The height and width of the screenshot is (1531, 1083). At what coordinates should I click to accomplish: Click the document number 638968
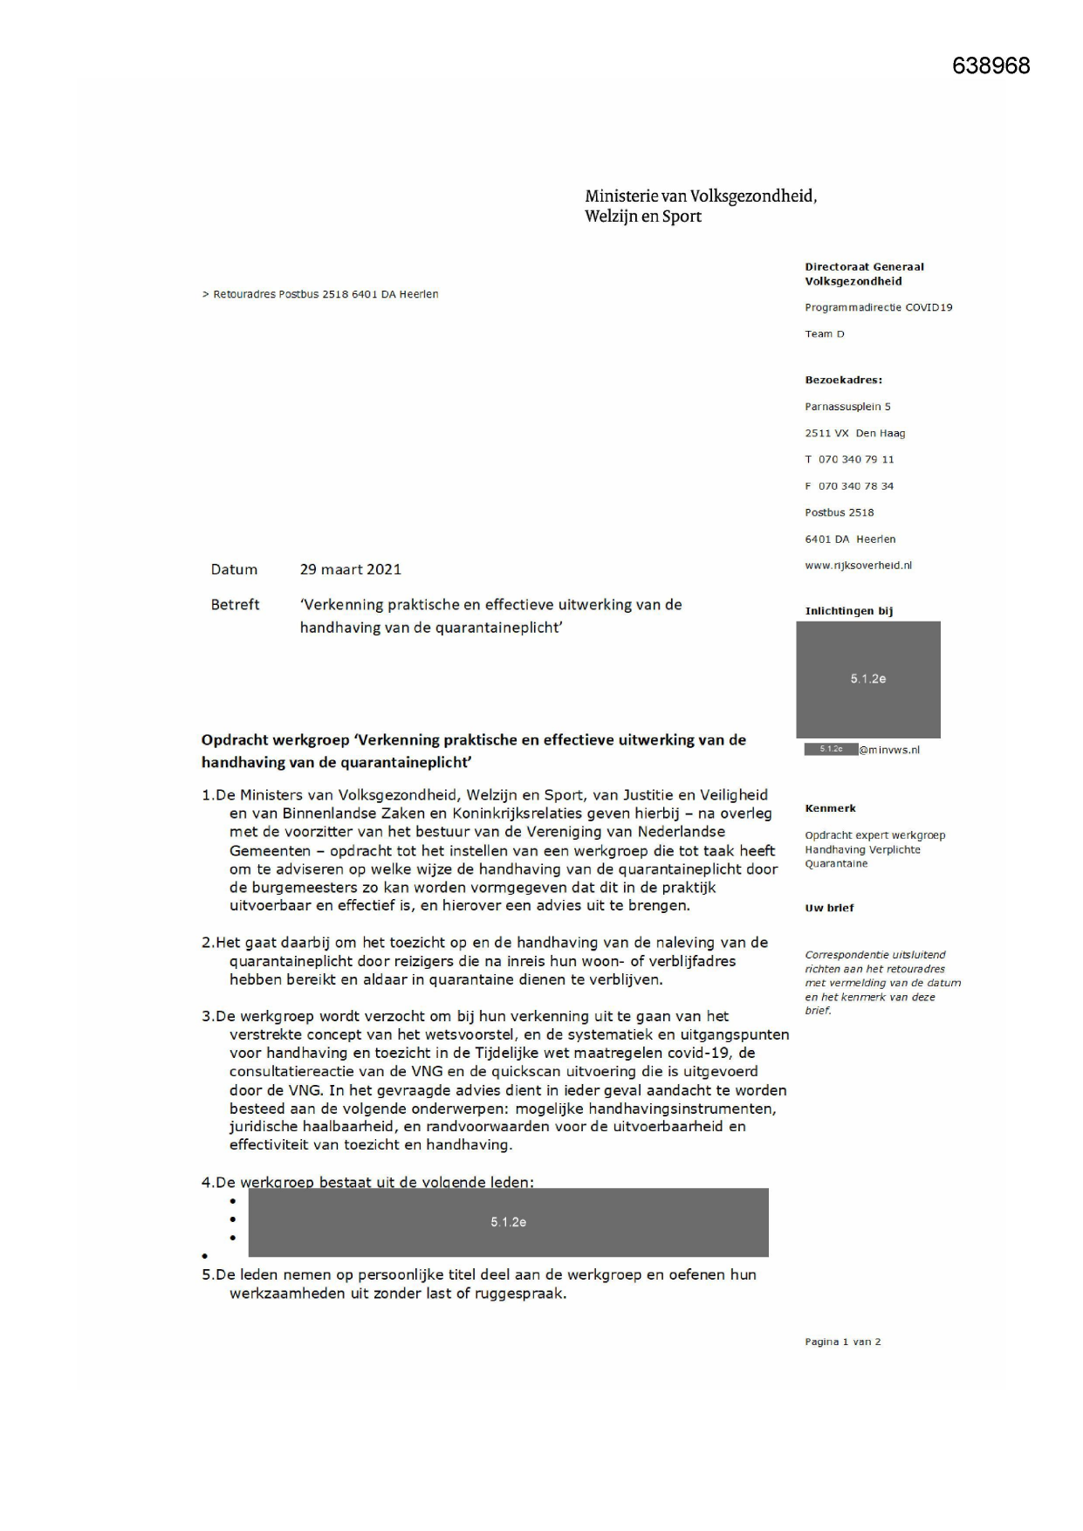pyautogui.click(x=990, y=66)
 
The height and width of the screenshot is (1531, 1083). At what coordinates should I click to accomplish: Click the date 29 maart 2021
pyautogui.click(x=350, y=569)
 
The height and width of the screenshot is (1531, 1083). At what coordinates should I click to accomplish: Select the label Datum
pyautogui.click(x=234, y=569)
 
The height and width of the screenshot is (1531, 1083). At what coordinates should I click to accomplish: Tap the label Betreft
pyautogui.click(x=235, y=604)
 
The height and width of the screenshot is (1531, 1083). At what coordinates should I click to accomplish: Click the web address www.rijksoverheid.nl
pyautogui.click(x=858, y=566)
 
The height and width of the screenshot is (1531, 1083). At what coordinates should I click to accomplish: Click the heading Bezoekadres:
pyautogui.click(x=843, y=380)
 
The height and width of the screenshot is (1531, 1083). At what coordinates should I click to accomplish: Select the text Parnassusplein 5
pyautogui.click(x=847, y=407)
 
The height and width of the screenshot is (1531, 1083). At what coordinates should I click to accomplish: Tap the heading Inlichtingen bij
pyautogui.click(x=848, y=611)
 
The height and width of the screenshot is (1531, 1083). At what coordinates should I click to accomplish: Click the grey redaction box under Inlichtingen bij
pyautogui.click(x=867, y=679)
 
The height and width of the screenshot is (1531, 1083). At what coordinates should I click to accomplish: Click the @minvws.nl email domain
pyautogui.click(x=888, y=750)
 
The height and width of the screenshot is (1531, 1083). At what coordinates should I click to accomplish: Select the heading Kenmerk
pyautogui.click(x=830, y=808)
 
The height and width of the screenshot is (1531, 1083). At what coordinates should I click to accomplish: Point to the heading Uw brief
pyautogui.click(x=829, y=908)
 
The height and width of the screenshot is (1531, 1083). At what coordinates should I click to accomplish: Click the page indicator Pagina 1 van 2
pyautogui.click(x=842, y=1342)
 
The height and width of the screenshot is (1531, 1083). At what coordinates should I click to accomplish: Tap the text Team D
pyautogui.click(x=824, y=334)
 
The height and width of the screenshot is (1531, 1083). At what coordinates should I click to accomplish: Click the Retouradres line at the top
pyautogui.click(x=320, y=294)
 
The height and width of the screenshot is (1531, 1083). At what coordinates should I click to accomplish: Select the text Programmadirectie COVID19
pyautogui.click(x=878, y=307)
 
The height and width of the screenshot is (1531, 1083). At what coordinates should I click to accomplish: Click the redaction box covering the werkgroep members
pyautogui.click(x=508, y=1222)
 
